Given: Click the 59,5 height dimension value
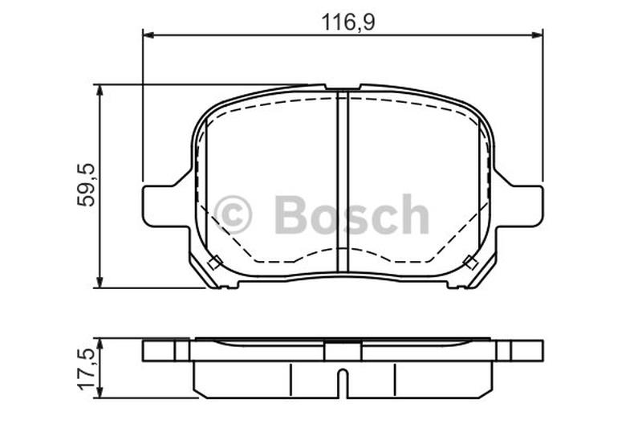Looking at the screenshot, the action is (x=86, y=185).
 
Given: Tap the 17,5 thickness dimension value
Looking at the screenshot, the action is (x=86, y=369).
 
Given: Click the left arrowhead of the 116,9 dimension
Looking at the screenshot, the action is (x=148, y=36).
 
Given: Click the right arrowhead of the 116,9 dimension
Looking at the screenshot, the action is (x=538, y=36).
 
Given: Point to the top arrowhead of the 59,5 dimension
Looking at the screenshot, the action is (x=99, y=91).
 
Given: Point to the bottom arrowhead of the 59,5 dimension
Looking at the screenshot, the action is (x=99, y=282).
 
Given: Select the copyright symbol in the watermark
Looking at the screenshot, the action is (x=234, y=214).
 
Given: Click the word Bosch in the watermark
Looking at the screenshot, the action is (x=351, y=214).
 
